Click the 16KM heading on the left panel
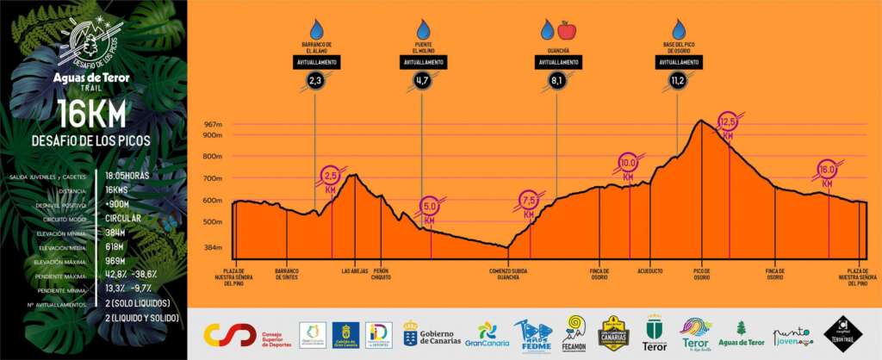(x=91, y=114)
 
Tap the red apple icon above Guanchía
(x=566, y=31)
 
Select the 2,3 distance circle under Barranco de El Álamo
(x=315, y=81)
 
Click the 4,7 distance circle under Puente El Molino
(x=422, y=81)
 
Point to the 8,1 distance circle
(x=556, y=81)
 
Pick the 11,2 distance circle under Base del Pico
(x=677, y=81)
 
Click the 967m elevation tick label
(x=212, y=125)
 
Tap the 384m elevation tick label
(x=212, y=247)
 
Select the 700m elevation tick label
(x=212, y=178)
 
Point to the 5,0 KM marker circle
(x=431, y=207)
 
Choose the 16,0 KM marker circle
(x=827, y=169)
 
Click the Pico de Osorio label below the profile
(x=702, y=274)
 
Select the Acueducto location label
(x=650, y=270)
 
